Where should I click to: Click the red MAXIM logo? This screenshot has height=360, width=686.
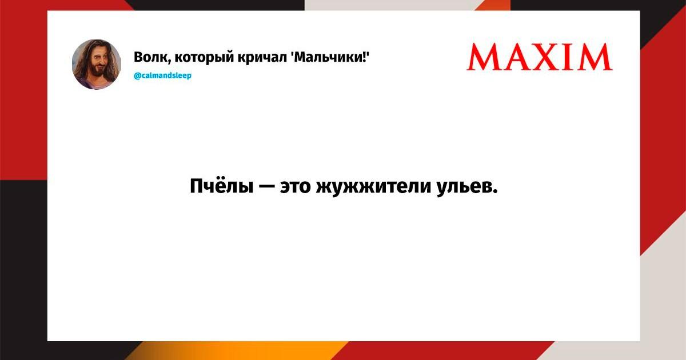point(540,57)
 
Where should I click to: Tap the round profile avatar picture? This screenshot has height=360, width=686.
point(97,64)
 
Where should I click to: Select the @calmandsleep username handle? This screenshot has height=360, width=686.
point(162,75)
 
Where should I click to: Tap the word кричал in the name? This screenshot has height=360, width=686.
point(262,58)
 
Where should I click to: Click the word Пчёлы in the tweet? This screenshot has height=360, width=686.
point(222,186)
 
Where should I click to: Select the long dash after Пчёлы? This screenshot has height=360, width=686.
point(267,186)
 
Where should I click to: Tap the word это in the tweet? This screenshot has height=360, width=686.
point(295,187)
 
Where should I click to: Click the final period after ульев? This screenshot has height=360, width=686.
point(494,191)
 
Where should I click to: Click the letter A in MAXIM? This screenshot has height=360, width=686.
point(516,57)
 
